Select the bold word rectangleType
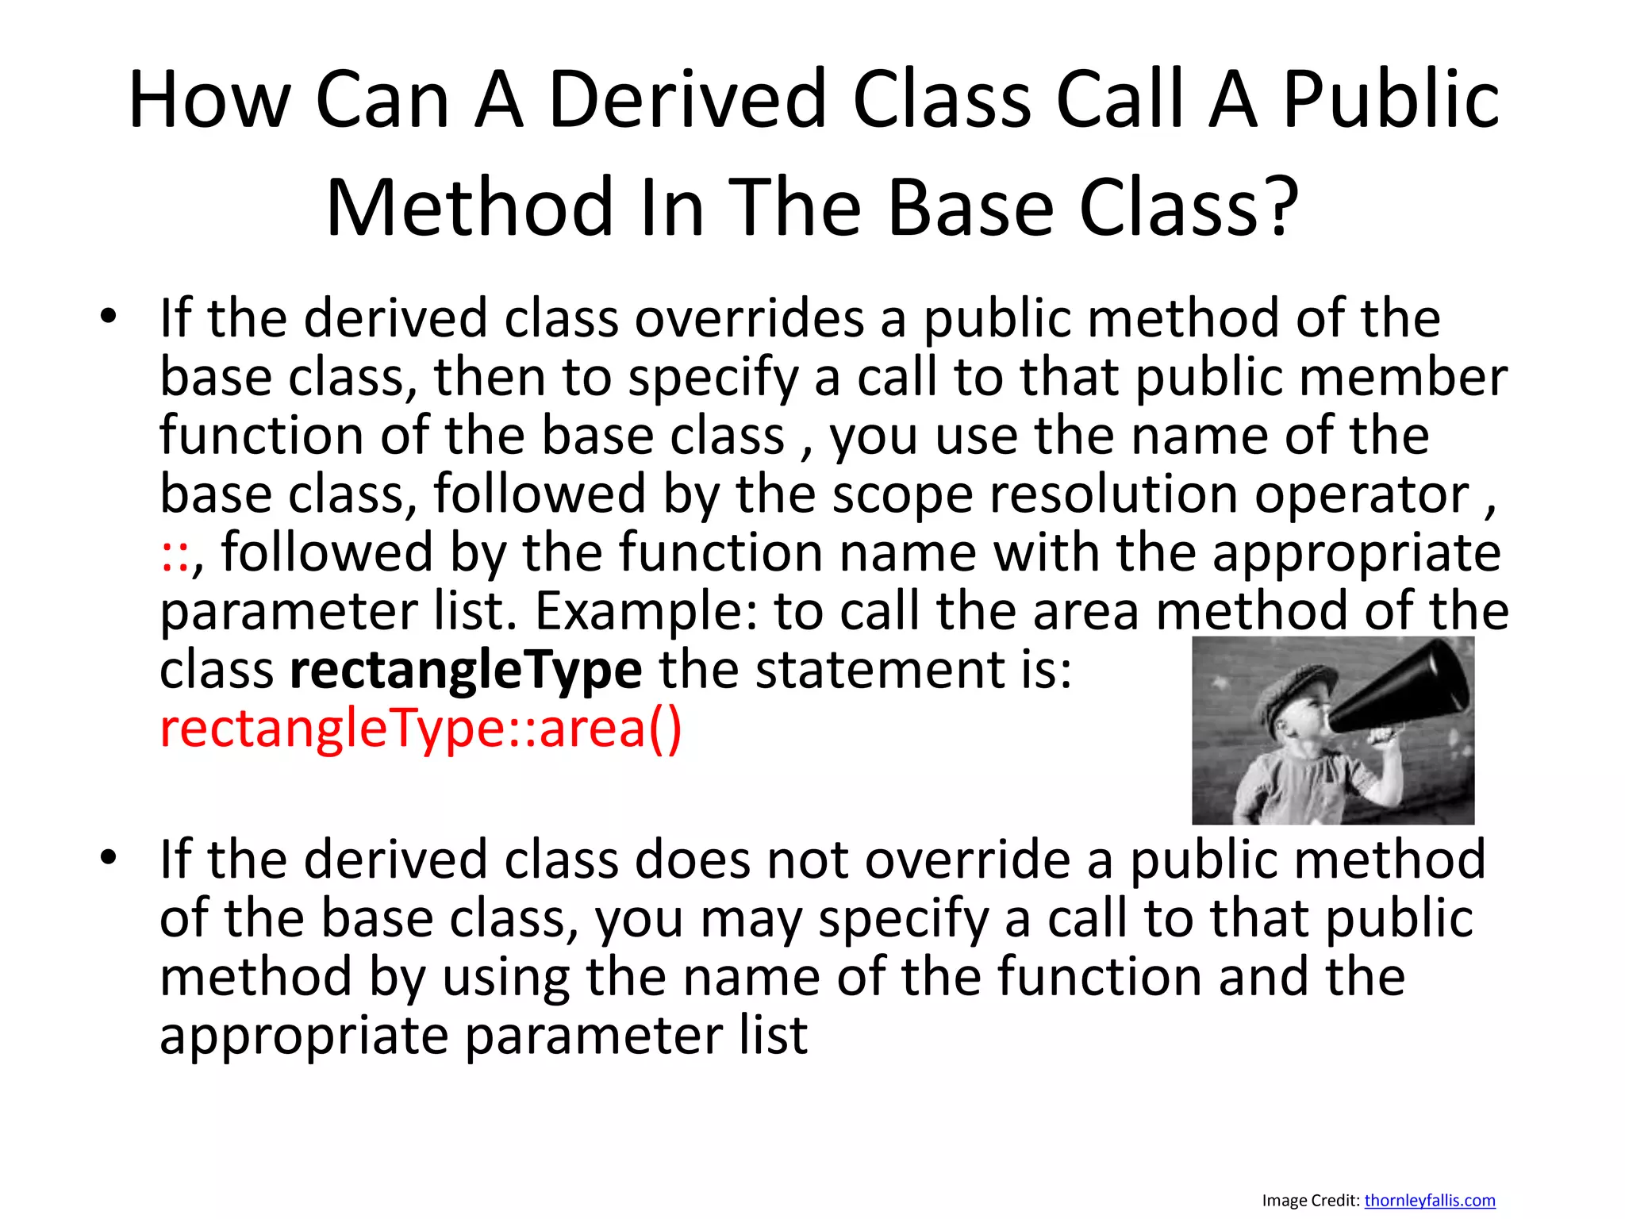pyautogui.click(x=466, y=670)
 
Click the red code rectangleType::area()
pyautogui.click(x=421, y=729)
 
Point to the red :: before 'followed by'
pyautogui.click(x=175, y=554)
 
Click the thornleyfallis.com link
pyautogui.click(x=1429, y=1200)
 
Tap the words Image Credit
pyautogui.click(x=1310, y=1200)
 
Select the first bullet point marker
pyautogui.click(x=109, y=318)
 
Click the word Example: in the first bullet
pyautogui.click(x=646, y=612)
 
